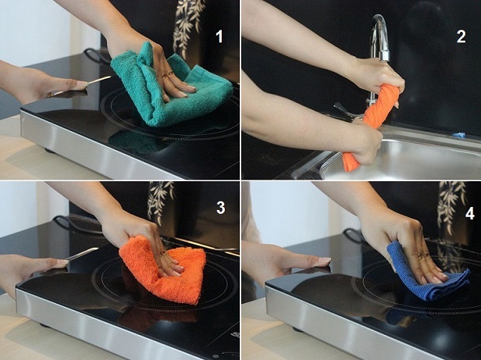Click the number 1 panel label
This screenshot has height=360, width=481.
tap(219, 37)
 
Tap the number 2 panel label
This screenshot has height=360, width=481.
tap(461, 37)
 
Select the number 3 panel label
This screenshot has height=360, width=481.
tap(220, 208)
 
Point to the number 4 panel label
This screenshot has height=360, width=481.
tap(470, 214)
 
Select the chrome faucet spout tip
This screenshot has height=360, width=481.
tap(385, 56)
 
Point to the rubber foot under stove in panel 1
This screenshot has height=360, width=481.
tap(49, 151)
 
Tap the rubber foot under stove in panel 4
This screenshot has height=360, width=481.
tap(298, 330)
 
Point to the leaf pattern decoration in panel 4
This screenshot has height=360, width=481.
tap(452, 205)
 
